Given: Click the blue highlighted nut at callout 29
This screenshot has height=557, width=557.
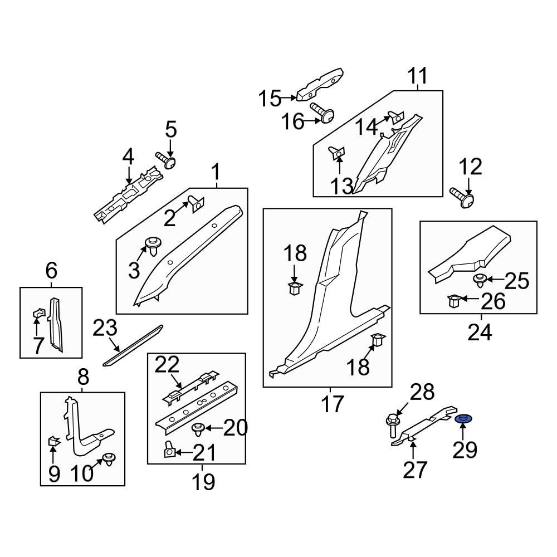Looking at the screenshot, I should coord(462,419).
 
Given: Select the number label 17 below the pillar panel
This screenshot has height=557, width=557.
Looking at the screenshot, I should coord(333,404).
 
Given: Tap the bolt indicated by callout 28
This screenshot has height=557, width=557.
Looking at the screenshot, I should coord(392,427).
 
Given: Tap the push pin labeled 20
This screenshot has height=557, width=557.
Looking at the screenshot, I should coord(197,429).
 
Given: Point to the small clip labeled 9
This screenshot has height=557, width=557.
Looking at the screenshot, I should coord(53,442).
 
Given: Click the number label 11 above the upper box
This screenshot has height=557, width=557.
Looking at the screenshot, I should coord(418,76).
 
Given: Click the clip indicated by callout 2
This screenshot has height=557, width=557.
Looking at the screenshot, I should coord(196,204).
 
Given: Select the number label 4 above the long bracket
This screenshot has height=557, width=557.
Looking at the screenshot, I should coord(128,158).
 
